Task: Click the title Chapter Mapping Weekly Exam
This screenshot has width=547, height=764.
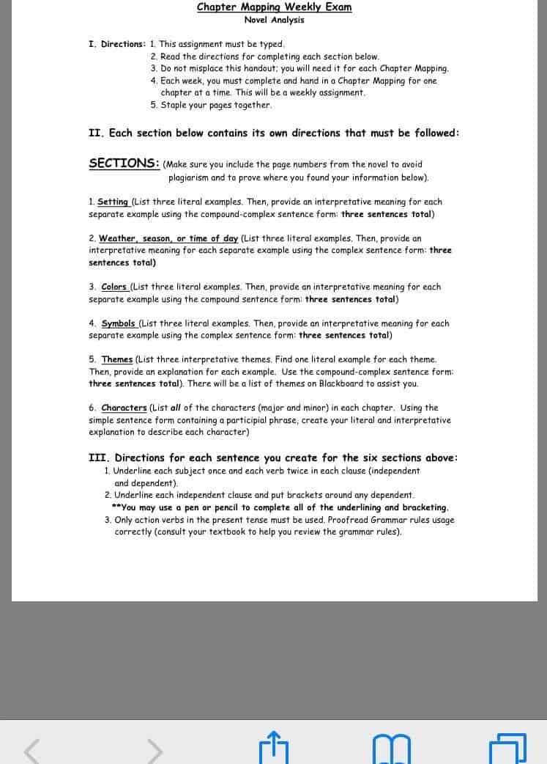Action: tap(274, 7)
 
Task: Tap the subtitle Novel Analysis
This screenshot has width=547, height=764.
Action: tap(274, 20)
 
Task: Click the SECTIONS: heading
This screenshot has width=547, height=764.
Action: tap(124, 164)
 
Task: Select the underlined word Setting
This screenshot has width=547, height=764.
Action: tap(113, 202)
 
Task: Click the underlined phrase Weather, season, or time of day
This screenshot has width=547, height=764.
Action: tap(168, 238)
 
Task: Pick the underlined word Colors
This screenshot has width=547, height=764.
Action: tap(114, 287)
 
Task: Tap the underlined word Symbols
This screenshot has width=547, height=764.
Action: tap(118, 323)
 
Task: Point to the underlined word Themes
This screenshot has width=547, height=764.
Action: tap(117, 359)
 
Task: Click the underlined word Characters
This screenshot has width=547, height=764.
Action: tap(124, 408)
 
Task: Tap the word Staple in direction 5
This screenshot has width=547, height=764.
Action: tap(174, 105)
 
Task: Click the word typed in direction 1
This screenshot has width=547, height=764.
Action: tap(272, 44)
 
